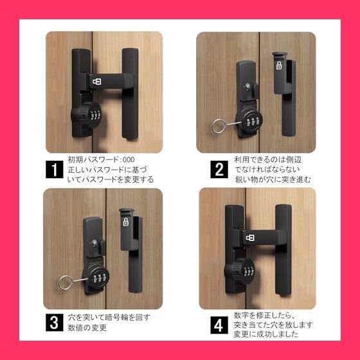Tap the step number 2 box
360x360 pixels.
click(219, 170)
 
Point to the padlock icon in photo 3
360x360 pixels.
click(126, 222)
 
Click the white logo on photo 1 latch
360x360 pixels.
click(96, 81)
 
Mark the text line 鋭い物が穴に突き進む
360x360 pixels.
click(273, 180)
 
